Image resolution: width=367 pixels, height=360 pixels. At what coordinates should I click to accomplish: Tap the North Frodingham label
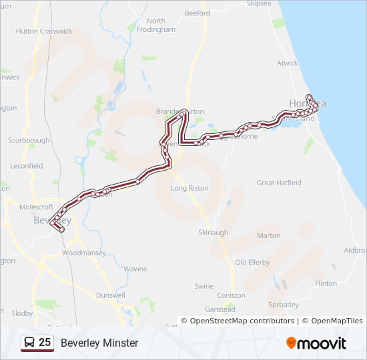pos(155,25)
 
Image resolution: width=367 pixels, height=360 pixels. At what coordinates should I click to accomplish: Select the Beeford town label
pos(197,13)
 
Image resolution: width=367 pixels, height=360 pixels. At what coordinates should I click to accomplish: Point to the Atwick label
pos(288,64)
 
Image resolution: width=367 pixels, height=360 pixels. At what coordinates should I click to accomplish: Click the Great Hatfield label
pos(279,183)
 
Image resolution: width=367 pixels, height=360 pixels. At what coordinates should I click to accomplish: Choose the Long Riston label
pos(190,188)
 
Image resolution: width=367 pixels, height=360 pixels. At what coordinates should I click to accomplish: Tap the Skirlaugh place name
pos(213,232)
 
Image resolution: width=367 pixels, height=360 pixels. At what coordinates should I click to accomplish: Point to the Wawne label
pos(135,269)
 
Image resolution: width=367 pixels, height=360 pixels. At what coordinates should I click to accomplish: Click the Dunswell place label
pos(110,295)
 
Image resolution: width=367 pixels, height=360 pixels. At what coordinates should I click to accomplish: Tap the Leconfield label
pos(27,166)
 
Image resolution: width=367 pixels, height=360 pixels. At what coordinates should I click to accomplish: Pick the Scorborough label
pos(29,141)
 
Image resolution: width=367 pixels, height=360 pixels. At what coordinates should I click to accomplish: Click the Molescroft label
pos(37,207)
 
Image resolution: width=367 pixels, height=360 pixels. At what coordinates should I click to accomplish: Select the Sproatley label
pos(284,305)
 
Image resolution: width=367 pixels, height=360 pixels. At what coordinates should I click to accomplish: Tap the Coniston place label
pos(232,295)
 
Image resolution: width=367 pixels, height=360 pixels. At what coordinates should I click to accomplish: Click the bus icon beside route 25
pos(29,343)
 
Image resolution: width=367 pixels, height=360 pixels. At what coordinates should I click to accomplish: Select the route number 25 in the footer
pos(45,343)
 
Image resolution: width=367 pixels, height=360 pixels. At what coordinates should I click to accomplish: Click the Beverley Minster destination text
pos(99,343)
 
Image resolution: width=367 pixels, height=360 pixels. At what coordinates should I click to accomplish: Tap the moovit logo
pos(316,343)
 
